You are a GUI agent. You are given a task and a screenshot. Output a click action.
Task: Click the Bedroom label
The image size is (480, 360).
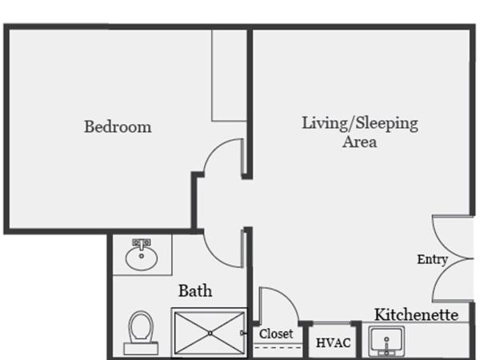118,126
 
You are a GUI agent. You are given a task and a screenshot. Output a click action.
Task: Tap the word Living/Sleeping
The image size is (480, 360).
360,123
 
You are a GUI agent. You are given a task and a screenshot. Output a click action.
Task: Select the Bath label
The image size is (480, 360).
195,290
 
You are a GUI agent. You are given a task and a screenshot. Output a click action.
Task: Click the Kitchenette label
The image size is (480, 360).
416,314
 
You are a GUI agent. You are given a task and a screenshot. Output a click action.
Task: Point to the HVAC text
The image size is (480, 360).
333,343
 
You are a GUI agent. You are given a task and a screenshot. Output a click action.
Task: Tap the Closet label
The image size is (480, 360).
276,334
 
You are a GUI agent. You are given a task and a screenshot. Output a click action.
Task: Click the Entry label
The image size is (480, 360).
432,259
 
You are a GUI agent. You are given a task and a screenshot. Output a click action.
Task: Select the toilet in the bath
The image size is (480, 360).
141,333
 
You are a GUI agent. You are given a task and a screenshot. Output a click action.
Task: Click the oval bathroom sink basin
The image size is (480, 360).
142,258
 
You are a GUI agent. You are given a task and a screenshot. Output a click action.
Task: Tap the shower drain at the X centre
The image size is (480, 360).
210,333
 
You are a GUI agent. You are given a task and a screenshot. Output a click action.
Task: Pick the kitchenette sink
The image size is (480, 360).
386,342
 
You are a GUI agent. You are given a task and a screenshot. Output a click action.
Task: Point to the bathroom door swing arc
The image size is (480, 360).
214,257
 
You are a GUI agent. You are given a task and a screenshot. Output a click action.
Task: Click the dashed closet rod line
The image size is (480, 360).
278,347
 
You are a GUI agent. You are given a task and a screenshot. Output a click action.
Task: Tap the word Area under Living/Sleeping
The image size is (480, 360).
360,142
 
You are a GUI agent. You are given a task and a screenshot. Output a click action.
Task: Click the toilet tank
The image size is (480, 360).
141,349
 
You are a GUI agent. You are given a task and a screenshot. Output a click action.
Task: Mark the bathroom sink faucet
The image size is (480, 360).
142,244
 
